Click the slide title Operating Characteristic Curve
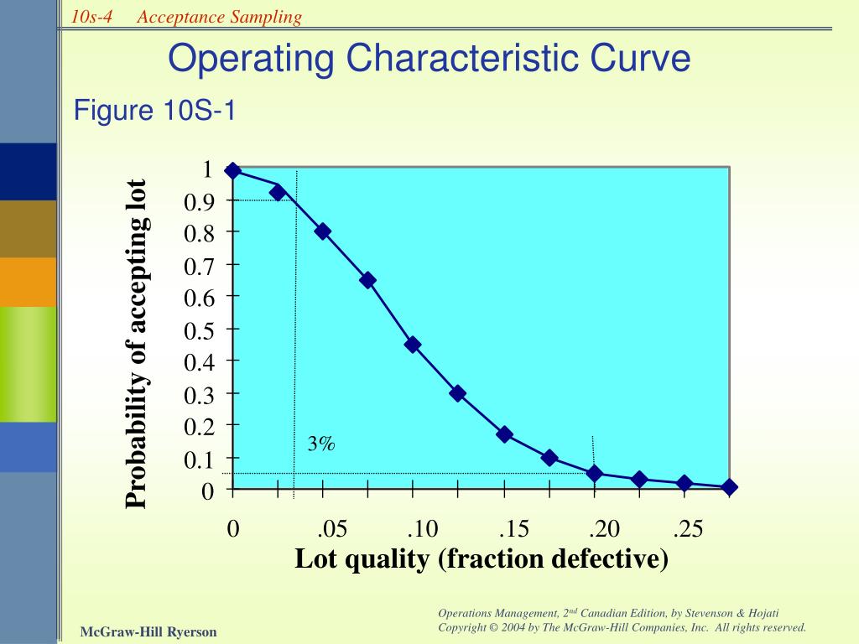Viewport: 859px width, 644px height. [429, 59]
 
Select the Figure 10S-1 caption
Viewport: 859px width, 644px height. [155, 110]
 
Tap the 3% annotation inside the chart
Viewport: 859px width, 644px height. [320, 444]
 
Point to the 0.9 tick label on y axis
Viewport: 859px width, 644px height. [200, 201]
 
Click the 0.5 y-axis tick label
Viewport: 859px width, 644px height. [200, 330]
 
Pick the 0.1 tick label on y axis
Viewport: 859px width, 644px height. [200, 460]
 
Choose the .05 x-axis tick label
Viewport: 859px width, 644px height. [332, 529]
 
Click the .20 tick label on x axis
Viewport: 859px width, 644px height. [604, 529]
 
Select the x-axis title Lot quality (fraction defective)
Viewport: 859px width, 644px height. [482, 558]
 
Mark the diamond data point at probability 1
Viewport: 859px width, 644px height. [233, 171]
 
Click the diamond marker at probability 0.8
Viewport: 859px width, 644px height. [323, 231]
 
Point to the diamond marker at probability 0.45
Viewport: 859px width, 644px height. [413, 345]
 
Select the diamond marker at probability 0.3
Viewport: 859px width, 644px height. [457, 393]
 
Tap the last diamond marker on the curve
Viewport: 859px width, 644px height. [729, 487]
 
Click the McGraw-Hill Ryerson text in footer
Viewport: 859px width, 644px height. [148, 631]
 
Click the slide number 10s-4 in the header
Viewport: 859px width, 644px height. [92, 17]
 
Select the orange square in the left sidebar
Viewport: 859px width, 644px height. [29, 282]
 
